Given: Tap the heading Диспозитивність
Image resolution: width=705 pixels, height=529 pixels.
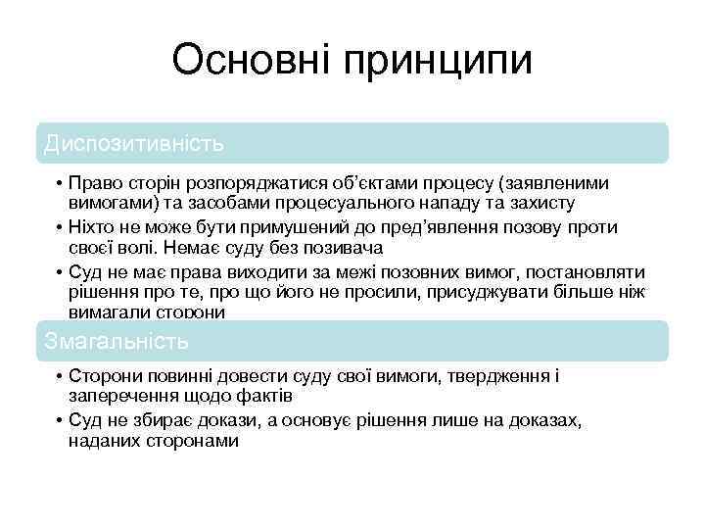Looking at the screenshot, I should pos(134,143).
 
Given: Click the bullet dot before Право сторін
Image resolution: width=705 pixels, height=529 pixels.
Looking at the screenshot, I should pos(60,184).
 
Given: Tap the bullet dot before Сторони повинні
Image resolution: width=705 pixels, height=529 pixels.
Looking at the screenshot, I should pos(60,377).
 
